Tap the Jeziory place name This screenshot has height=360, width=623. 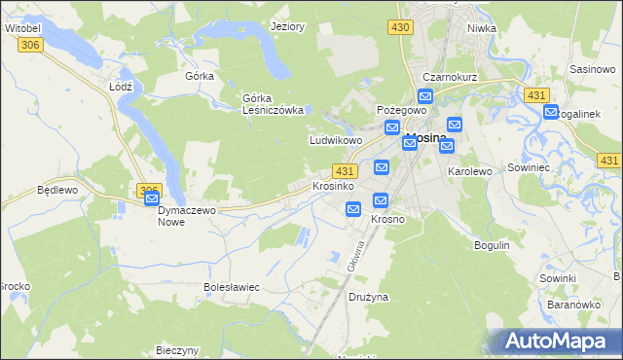click(289, 27)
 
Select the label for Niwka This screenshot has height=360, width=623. click(481, 27)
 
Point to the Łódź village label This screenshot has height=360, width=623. click(120, 86)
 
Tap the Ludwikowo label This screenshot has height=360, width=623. click(336, 140)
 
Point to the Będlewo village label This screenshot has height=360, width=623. click(55, 190)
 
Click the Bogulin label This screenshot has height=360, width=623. click(492, 244)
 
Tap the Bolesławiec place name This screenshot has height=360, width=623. click(231, 287)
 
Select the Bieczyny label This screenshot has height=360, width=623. click(177, 350)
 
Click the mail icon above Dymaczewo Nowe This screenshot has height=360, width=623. click(152, 199)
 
